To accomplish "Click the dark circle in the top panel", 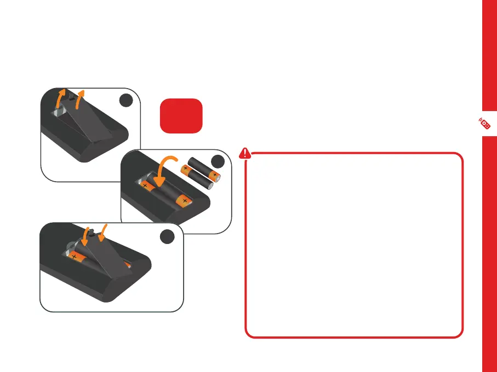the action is point(127,101).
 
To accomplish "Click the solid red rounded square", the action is point(181,115).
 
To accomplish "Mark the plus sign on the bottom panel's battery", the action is point(73,255).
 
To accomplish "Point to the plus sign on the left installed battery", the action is point(145,185).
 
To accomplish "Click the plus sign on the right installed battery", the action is point(185,201).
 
